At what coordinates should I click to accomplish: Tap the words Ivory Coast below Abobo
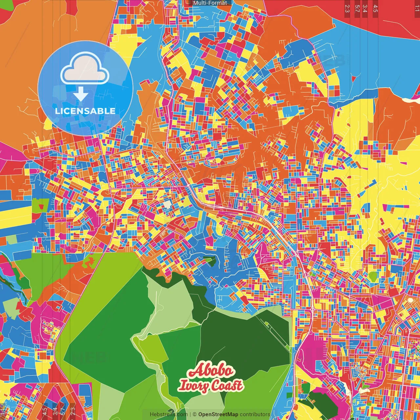[210, 386]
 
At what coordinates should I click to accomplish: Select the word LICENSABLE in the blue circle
[85, 111]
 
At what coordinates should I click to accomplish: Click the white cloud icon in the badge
[85, 70]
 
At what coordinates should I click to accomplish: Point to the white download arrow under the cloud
[81, 95]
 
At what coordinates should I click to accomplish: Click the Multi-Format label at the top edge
[210, 3]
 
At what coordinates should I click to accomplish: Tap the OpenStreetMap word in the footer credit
[218, 414]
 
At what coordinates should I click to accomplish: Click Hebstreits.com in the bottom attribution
[169, 414]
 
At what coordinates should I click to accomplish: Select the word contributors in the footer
[255, 414]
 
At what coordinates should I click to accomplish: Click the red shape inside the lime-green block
[41, 206]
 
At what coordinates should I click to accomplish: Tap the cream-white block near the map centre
[167, 204]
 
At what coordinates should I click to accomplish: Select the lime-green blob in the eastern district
[373, 276]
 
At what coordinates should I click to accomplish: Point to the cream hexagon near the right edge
[410, 300]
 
